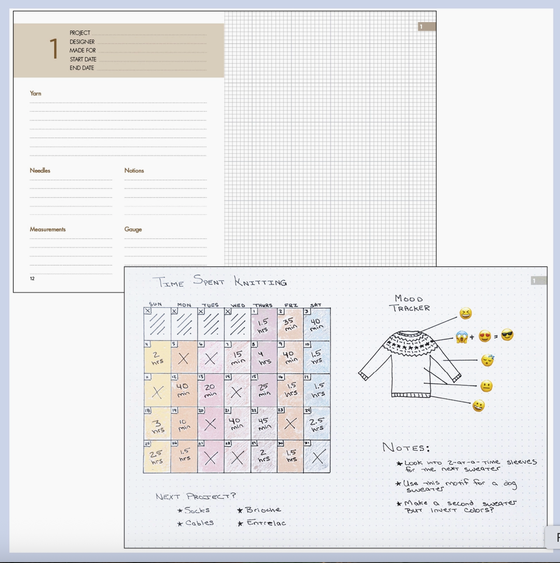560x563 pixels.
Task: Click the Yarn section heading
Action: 35,93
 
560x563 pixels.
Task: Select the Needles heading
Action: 40,170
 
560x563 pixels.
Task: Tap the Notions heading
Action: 134,170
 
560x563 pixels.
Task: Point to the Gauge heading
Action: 133,229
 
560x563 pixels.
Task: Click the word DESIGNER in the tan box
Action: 82,42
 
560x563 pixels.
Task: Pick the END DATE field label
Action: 82,68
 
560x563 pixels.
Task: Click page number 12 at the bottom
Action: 32,278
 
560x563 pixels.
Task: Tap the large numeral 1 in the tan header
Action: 54,49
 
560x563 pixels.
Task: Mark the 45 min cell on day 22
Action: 264,424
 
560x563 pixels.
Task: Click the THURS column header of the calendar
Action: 263,305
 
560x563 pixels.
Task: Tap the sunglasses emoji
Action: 507,335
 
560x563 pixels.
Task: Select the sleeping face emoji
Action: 487,360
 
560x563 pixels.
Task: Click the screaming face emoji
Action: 462,337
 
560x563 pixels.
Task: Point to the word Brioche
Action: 263,510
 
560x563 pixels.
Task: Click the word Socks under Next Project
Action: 197,510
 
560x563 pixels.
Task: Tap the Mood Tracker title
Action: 410,303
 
